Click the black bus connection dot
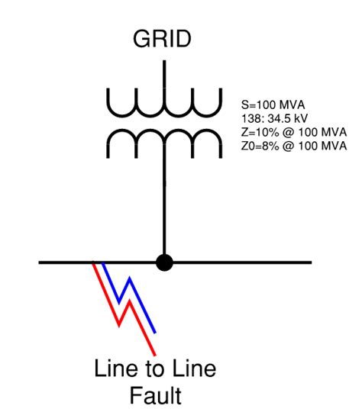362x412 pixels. (x=163, y=262)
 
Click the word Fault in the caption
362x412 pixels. (x=155, y=396)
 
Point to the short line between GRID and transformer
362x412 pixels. (x=163, y=70)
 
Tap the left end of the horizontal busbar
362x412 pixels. (x=43, y=262)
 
